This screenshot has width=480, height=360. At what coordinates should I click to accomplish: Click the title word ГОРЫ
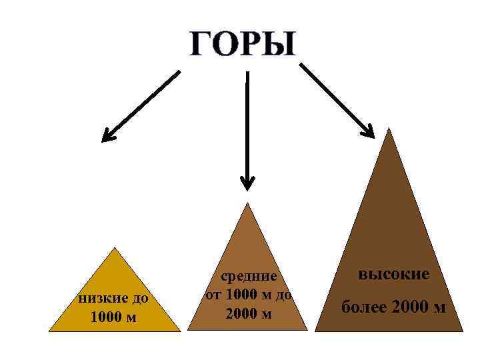242,44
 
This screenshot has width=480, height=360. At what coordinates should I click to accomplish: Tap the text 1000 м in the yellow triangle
113,317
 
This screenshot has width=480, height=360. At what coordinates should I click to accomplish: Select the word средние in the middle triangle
249,275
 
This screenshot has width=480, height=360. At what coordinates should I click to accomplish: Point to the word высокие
394,273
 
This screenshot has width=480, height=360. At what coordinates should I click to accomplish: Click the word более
364,307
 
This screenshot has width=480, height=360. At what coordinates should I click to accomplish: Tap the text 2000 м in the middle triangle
249,313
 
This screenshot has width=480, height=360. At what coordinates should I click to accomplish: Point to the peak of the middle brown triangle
248,203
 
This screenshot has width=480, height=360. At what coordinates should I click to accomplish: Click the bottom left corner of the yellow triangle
49,331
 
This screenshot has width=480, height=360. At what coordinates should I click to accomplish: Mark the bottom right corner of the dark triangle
463,331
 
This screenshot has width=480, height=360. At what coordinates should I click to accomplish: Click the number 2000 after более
407,307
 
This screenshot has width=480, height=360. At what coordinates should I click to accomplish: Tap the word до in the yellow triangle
141,297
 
